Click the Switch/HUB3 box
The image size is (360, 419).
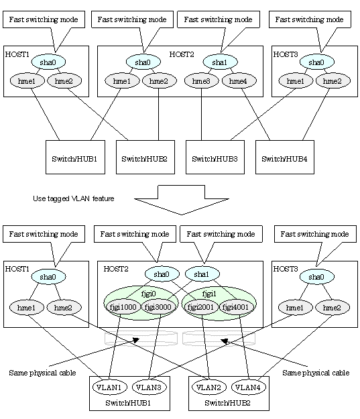(x=215, y=157)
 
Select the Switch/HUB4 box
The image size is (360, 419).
(x=285, y=157)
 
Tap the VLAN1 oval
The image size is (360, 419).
(x=109, y=387)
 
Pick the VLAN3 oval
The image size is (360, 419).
(x=149, y=387)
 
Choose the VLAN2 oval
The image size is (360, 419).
(x=209, y=387)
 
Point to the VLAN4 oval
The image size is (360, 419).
(x=249, y=387)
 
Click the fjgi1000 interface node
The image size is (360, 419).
(x=123, y=307)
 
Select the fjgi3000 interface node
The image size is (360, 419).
(x=158, y=307)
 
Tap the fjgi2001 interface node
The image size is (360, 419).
(x=200, y=307)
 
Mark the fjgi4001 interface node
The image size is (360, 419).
(x=235, y=307)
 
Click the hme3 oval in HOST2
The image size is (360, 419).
(x=202, y=80)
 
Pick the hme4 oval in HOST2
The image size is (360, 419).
(x=239, y=80)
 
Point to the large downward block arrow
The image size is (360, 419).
(x=182, y=200)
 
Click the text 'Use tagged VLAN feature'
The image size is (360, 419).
(x=74, y=198)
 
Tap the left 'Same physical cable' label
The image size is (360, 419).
(x=42, y=373)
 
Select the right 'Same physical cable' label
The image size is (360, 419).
(x=316, y=373)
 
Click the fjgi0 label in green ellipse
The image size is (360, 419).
(x=148, y=294)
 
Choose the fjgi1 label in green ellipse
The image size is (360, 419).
(x=209, y=294)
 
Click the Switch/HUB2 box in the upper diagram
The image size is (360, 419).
(x=145, y=157)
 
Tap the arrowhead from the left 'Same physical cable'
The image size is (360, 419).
(x=137, y=340)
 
